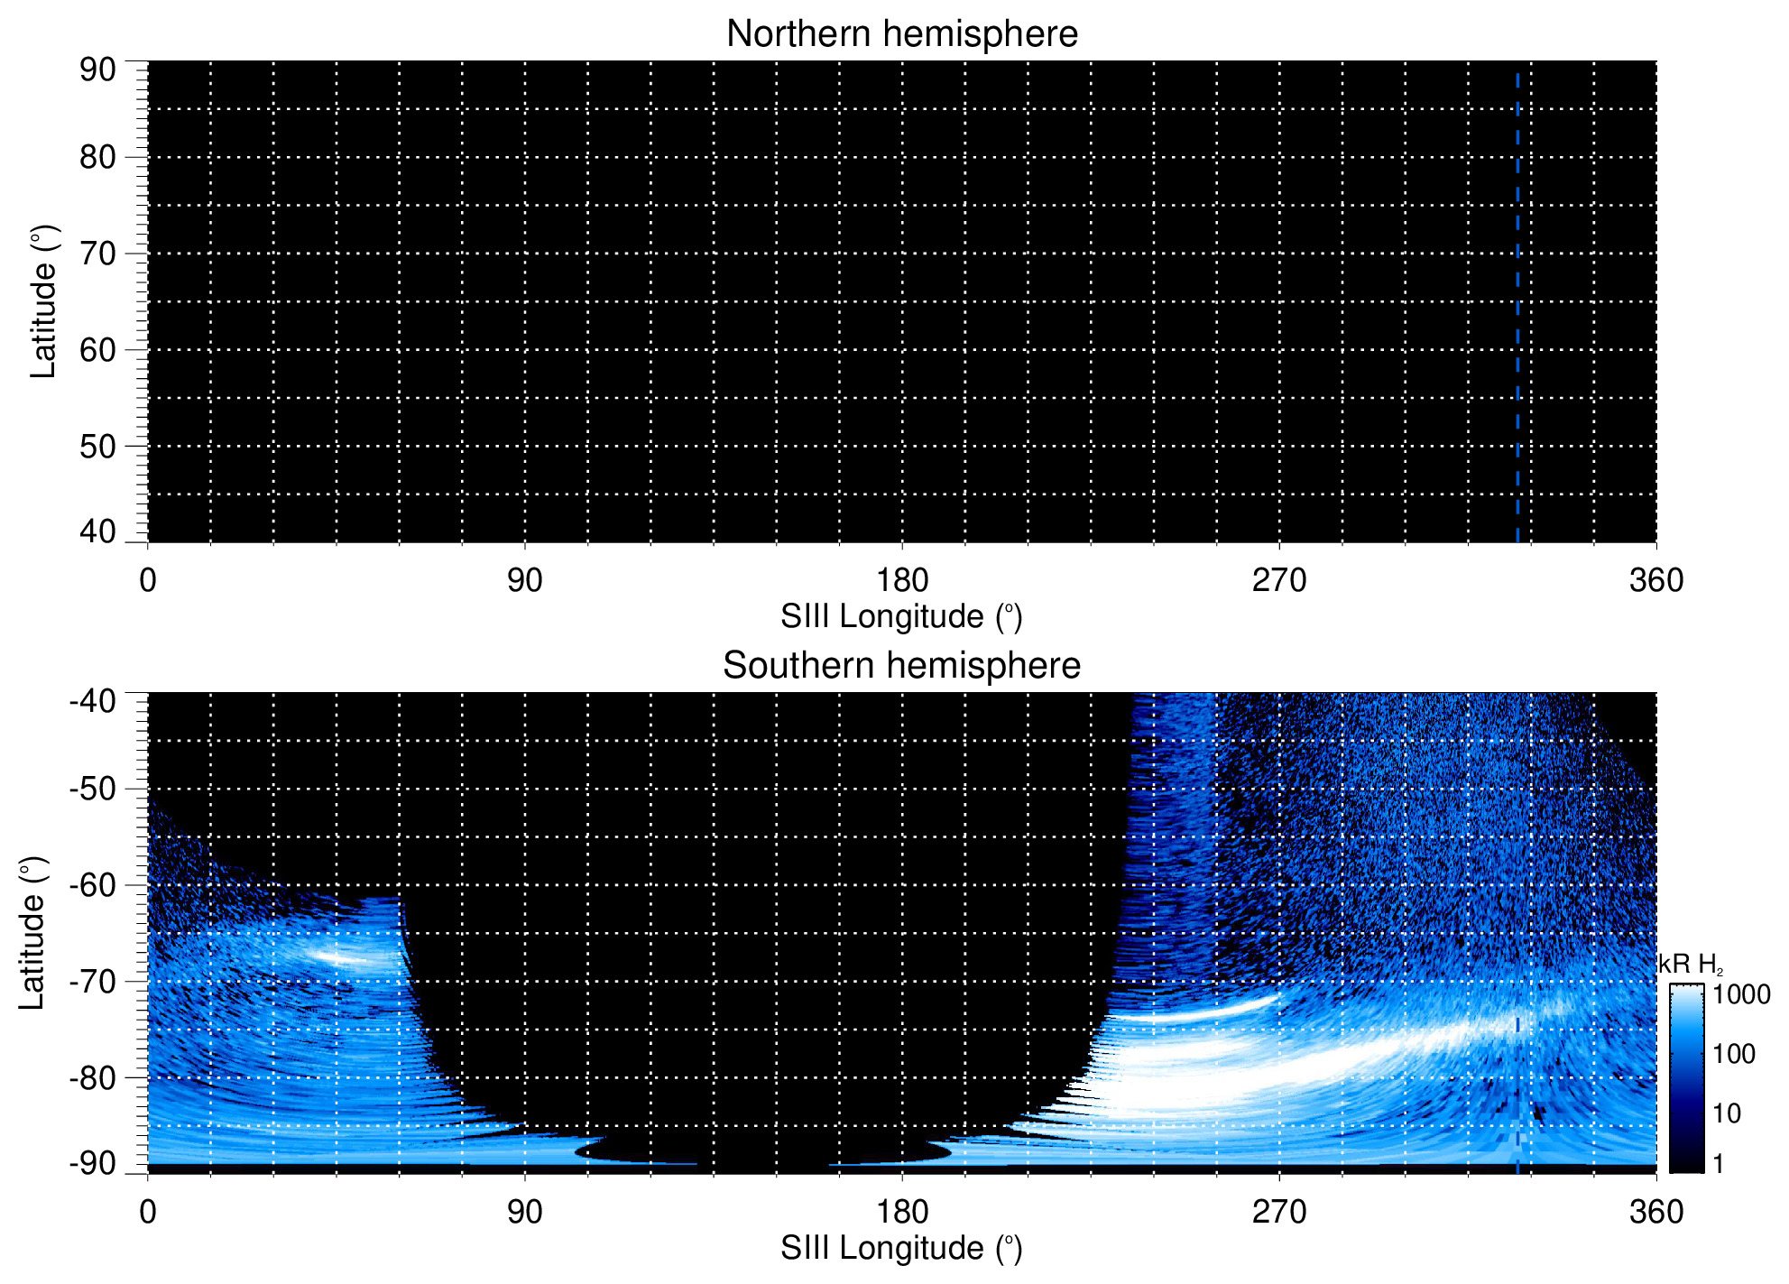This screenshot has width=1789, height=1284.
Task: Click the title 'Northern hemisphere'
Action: (x=901, y=34)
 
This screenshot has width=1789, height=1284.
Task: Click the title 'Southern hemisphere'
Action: (x=901, y=666)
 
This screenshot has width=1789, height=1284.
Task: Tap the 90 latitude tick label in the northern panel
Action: (x=97, y=69)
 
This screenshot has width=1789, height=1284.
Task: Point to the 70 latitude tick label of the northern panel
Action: (x=97, y=254)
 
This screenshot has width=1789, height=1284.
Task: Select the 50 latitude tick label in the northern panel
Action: (x=97, y=447)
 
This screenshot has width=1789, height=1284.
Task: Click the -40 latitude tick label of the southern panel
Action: (x=92, y=701)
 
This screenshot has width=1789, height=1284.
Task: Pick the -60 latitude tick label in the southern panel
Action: (x=92, y=885)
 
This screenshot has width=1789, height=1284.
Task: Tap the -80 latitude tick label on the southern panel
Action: (x=92, y=1077)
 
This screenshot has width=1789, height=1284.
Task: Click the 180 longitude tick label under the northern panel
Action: (x=902, y=580)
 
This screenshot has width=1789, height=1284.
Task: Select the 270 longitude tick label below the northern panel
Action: (x=1279, y=580)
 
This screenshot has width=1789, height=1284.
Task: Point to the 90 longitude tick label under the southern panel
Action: (x=524, y=1212)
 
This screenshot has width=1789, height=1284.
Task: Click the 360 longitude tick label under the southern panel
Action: (x=1656, y=1212)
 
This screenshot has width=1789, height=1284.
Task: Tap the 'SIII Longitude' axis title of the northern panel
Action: (x=901, y=617)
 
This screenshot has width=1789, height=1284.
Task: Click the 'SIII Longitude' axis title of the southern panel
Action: (x=901, y=1249)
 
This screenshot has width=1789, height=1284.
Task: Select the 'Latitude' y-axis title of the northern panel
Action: (x=43, y=301)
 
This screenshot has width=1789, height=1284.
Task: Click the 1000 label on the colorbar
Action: (x=1742, y=995)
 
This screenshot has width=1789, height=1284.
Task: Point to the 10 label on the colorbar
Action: (x=1727, y=1113)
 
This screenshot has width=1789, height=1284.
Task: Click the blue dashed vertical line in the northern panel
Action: (x=1517, y=307)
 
